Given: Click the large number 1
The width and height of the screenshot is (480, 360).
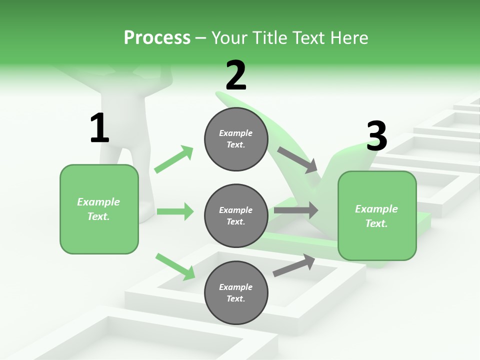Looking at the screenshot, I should pos(99,128).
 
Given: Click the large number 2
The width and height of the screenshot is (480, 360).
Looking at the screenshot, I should pos(235,75).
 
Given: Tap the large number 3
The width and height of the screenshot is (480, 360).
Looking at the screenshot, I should pos(376,136).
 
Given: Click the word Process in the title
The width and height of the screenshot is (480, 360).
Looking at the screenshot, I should pos(157,38).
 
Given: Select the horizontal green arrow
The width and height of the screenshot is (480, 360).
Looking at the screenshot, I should pos(175,211).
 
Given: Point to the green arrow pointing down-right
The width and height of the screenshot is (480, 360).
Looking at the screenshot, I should pos(175,266).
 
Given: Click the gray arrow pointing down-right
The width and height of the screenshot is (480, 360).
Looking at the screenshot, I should pos(297,159).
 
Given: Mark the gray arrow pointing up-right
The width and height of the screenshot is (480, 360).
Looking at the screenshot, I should pos(294,265).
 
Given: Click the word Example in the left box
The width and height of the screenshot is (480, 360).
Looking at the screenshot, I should pos(98,202).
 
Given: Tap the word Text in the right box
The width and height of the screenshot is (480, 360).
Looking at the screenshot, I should pos(375,223).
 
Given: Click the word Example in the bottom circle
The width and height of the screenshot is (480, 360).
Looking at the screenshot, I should pos(235,287).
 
